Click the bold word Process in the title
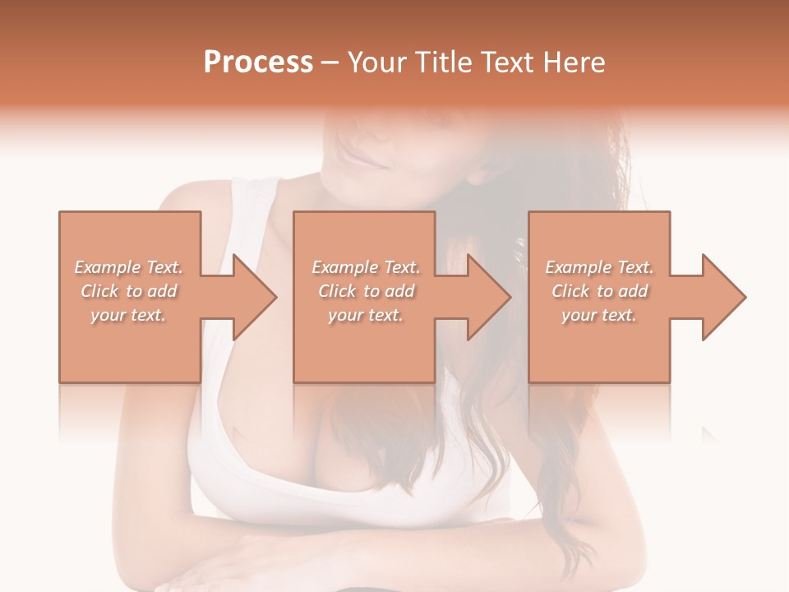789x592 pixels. (258, 62)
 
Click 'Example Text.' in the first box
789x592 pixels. (129, 267)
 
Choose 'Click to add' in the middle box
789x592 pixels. (366, 291)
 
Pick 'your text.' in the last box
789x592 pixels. (599, 315)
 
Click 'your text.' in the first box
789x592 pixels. (128, 315)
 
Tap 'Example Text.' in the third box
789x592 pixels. (599, 267)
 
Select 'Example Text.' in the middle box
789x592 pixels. (366, 267)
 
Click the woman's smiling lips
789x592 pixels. (362, 159)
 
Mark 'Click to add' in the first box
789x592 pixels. (129, 291)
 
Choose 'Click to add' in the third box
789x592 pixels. (599, 291)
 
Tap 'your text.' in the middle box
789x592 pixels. (365, 315)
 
